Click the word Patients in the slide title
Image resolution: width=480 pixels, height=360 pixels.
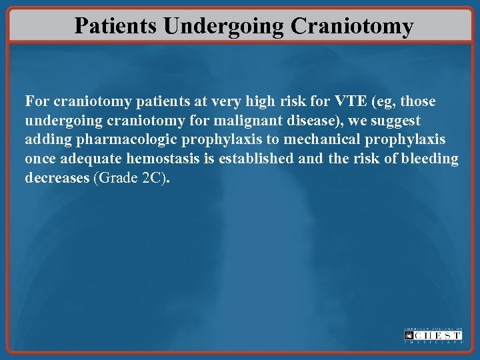click(115, 25)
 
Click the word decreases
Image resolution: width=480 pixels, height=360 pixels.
click(55, 178)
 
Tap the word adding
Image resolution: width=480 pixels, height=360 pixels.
click(45, 140)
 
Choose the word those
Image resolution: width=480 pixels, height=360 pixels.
click(418, 101)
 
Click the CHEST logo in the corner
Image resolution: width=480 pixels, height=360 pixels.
click(433, 335)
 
